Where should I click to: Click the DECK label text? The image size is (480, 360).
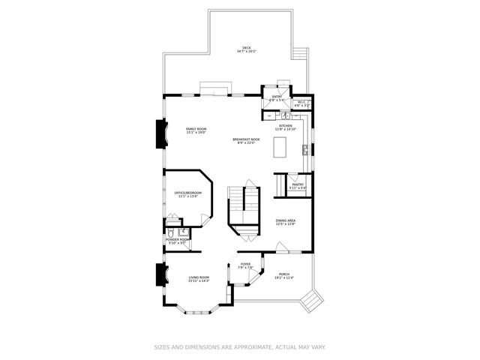click(x=246, y=47)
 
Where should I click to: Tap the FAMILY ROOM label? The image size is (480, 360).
click(x=196, y=130)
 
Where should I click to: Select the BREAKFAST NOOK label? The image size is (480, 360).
click(x=246, y=139)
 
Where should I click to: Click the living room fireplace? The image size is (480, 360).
click(x=160, y=276)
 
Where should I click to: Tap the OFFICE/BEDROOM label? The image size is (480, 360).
click(x=188, y=193)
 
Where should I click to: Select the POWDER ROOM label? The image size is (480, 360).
click(x=178, y=240)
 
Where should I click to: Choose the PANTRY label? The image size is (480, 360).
click(x=298, y=184)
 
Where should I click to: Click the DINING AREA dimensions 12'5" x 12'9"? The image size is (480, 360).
click(x=286, y=224)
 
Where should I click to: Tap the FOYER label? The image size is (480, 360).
click(x=245, y=264)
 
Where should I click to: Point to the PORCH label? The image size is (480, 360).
click(x=284, y=274)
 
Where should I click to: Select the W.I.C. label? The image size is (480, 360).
click(x=301, y=102)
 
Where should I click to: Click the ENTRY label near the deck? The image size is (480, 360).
click(x=277, y=96)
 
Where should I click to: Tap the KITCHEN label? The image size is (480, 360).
click(x=286, y=125)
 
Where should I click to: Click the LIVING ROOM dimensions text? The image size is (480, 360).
click(x=199, y=281)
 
